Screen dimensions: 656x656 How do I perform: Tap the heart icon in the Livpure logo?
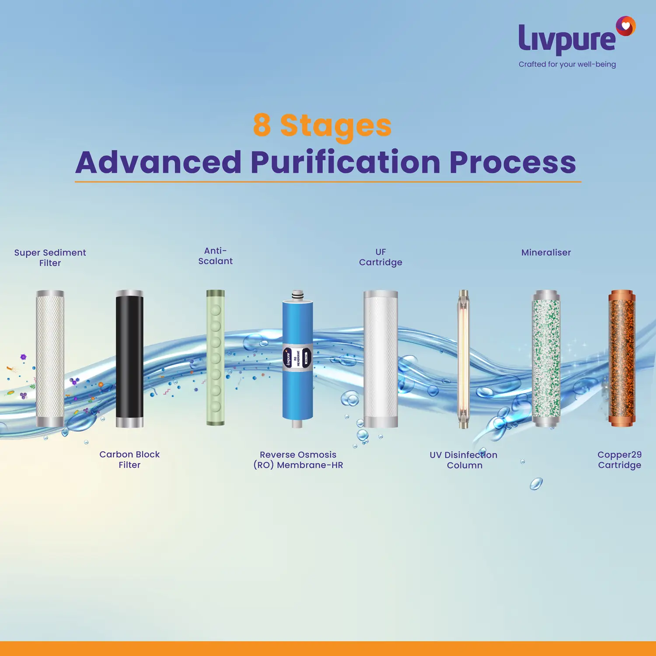pos(626,26)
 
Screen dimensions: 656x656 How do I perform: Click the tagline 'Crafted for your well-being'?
pos(567,64)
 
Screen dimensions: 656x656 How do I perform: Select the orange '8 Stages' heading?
pos(322,126)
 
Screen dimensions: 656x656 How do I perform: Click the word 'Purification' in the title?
pos(345,162)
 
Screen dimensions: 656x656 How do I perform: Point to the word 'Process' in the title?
pos(513,162)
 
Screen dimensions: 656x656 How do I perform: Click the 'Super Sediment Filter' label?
pos(50,258)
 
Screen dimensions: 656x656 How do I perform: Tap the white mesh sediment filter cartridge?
pos(50,359)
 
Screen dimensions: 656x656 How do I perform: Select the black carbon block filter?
pos(129,359)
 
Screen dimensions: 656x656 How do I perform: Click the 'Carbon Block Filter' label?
pos(129,460)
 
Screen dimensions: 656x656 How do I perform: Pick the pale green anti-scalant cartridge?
pos(216,357)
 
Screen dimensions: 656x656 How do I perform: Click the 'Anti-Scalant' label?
pos(216,256)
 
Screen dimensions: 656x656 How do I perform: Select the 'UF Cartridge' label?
pos(380,257)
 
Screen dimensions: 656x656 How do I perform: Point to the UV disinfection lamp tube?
pos(464,359)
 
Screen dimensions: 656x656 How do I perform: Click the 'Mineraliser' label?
pos(546,252)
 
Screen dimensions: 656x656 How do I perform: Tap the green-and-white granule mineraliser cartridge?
pos(546,359)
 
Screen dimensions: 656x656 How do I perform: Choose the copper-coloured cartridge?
pos(622,358)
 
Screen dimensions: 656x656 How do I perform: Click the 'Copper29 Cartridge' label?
pos(620,460)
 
